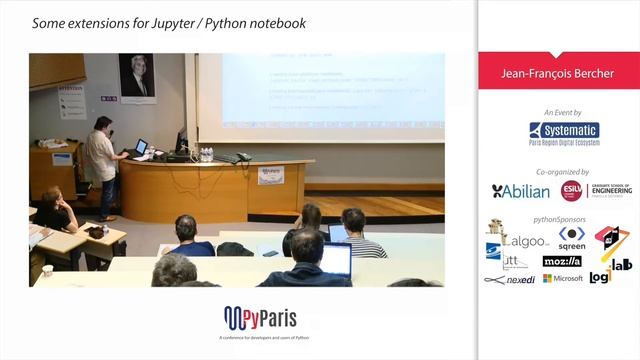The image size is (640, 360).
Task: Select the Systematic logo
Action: point(564,134)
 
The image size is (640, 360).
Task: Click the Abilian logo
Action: point(521,191)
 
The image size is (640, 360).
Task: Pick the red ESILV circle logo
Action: point(571,191)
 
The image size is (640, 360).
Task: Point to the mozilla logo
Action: point(562,261)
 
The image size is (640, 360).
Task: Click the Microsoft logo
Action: point(562,278)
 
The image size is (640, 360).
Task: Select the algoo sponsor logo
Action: point(525,241)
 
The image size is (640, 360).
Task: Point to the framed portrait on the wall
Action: point(137,75)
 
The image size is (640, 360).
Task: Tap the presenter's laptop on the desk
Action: point(141,148)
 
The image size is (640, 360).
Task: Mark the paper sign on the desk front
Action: point(270,174)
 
